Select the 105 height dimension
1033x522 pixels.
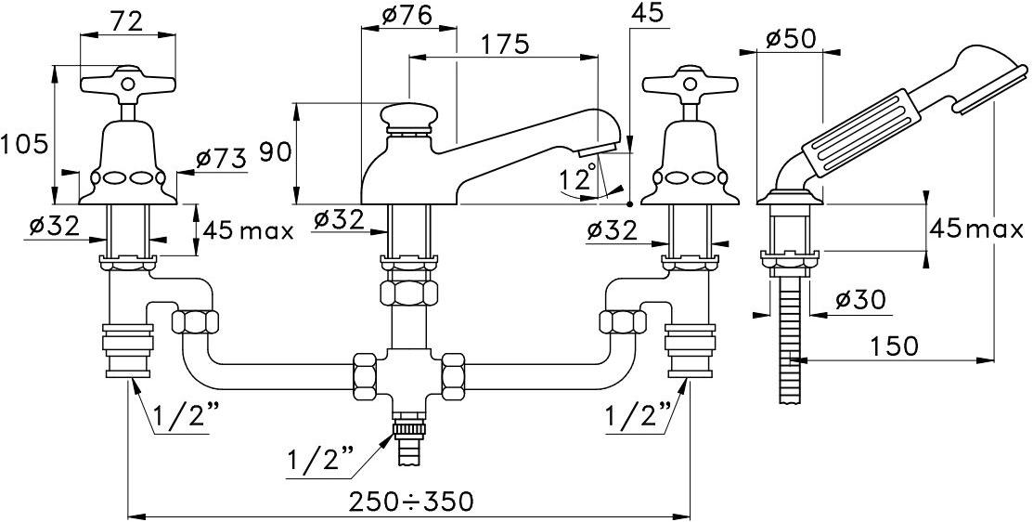[24, 145]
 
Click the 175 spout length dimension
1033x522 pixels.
[505, 44]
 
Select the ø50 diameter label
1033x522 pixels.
[790, 38]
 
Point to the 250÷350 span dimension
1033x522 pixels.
[411, 502]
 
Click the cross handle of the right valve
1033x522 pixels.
[690, 85]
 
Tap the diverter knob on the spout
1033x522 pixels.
[411, 118]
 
